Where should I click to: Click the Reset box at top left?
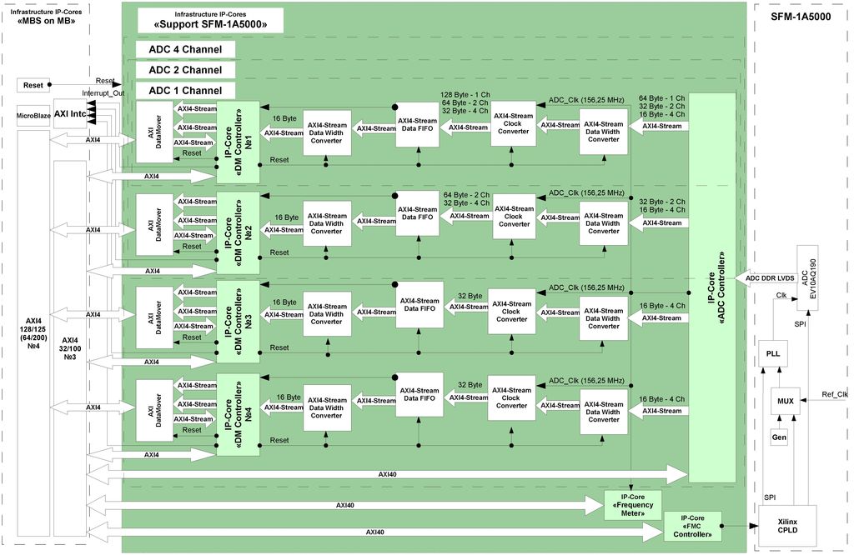click(x=33, y=85)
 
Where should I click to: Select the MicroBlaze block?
click(x=33, y=117)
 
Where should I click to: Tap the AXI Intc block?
click(x=70, y=112)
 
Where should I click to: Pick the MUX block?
click(x=785, y=401)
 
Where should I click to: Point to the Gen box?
click(x=779, y=437)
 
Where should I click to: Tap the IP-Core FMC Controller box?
click(x=692, y=526)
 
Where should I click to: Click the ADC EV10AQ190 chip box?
click(x=809, y=277)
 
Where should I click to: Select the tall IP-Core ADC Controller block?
click(x=711, y=287)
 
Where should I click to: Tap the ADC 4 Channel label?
click(x=185, y=49)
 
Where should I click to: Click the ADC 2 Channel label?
click(x=185, y=70)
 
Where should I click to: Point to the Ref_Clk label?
click(x=834, y=394)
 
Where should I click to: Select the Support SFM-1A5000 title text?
click(x=211, y=25)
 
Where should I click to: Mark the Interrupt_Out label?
click(x=103, y=92)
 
